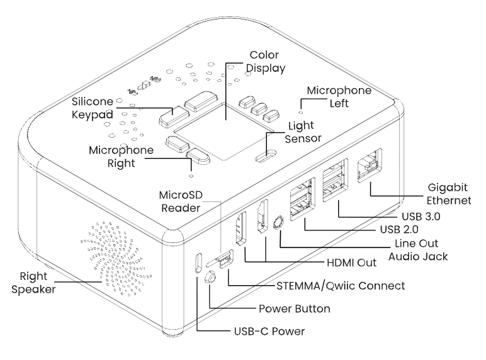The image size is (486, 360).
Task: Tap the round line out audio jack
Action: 279,223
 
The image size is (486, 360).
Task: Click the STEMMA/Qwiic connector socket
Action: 223,258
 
